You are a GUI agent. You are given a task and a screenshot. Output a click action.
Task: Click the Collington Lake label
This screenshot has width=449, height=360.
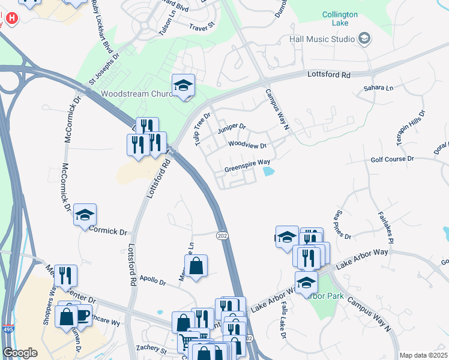[x=339, y=18]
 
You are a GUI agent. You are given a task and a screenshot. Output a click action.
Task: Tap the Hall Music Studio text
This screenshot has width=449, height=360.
[x=322, y=39]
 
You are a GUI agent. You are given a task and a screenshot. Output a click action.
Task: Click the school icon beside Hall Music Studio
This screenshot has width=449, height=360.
[x=363, y=39]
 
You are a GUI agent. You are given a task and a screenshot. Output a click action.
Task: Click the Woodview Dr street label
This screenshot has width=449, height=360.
[x=247, y=145]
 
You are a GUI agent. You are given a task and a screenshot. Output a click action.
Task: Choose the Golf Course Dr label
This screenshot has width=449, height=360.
[x=393, y=159]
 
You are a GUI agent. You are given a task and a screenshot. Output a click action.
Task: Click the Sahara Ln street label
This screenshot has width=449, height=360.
[x=378, y=88]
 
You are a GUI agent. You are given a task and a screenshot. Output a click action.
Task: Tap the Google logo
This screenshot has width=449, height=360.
[x=20, y=353]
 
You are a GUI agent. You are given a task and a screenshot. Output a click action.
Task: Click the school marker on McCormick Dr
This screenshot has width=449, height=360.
[x=85, y=215]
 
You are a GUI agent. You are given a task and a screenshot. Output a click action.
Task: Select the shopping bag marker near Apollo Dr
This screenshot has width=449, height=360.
[x=196, y=266]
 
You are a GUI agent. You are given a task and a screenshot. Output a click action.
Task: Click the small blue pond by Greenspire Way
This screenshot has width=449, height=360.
[x=268, y=173]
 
